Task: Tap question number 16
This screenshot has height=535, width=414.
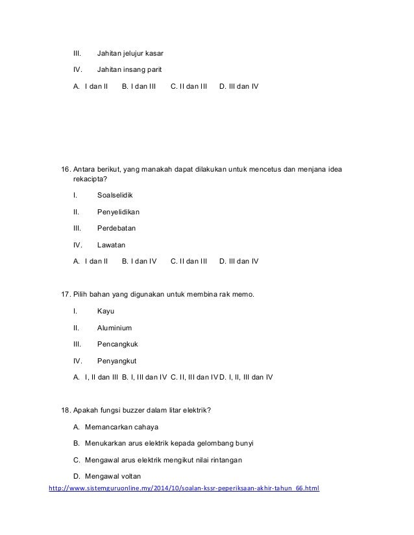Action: tap(65, 169)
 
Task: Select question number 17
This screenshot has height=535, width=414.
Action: tap(65, 295)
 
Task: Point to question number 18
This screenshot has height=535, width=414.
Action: tap(65, 410)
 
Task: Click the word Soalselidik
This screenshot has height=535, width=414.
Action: tap(117, 194)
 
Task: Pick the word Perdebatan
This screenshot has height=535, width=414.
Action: tap(116, 228)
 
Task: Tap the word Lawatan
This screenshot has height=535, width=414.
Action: tap(111, 245)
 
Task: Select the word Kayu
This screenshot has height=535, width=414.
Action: tap(105, 312)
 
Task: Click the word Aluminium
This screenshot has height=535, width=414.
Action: tap(114, 328)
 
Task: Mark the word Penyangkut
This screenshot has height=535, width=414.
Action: tap(117, 361)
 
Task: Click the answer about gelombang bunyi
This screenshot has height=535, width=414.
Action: tap(169, 443)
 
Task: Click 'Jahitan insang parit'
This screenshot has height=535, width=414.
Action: tap(129, 69)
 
